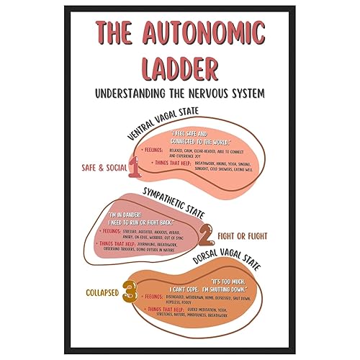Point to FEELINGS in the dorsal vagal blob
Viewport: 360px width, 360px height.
coord(153,297)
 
